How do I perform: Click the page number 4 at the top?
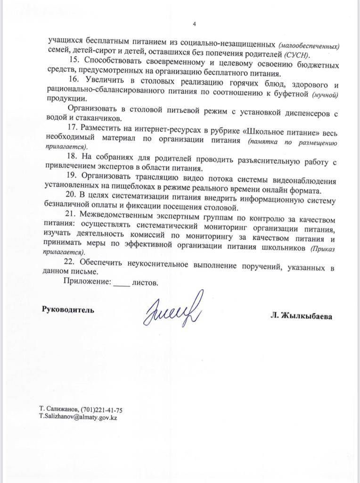[194, 24]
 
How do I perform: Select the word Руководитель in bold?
[68, 310]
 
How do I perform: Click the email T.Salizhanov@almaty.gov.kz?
[78, 417]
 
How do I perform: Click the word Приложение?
[87, 283]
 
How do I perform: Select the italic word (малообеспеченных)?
[309, 46]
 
